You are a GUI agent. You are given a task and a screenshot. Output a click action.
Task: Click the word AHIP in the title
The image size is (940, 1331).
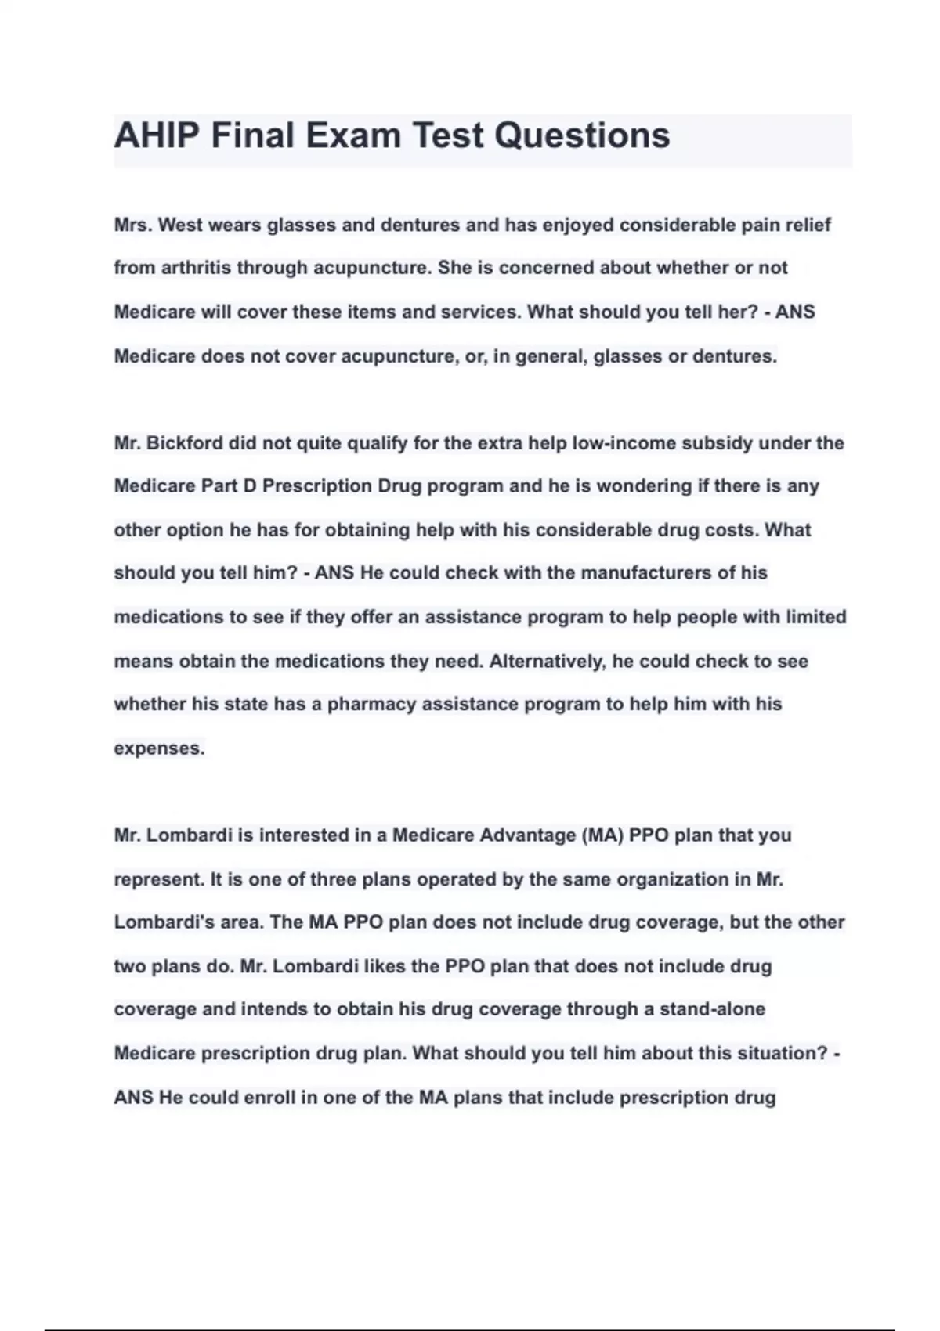[157, 135]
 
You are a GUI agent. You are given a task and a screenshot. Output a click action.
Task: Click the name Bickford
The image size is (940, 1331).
[185, 443]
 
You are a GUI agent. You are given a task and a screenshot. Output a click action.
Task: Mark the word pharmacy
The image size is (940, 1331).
[371, 705]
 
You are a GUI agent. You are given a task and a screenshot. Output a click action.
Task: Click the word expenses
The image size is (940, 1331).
[159, 748]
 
